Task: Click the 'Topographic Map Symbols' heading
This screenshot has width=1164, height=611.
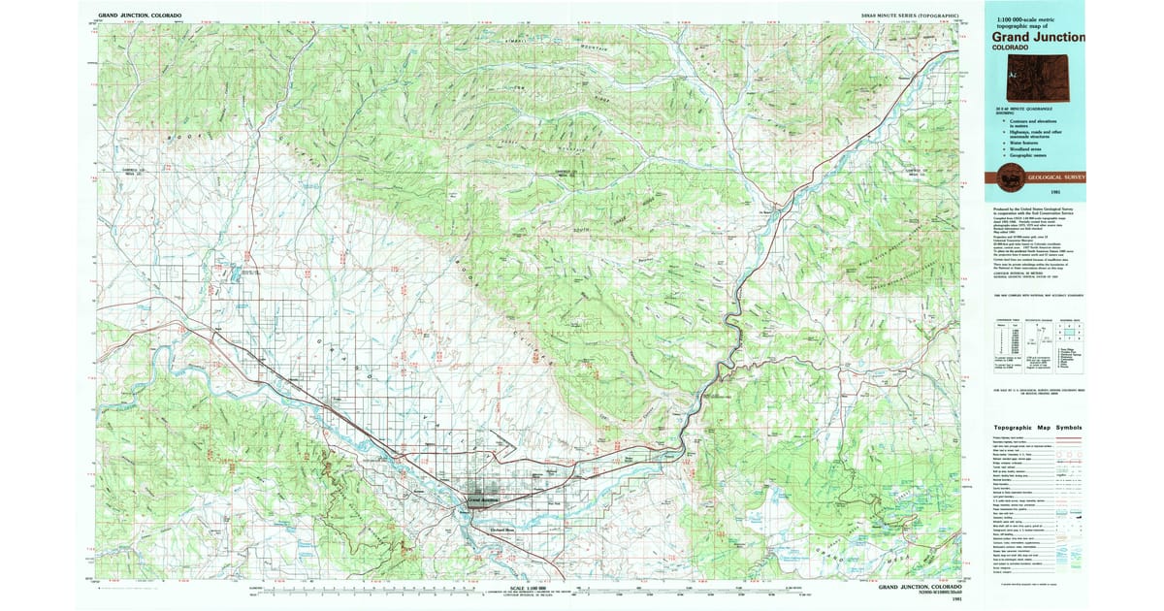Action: click(x=1036, y=428)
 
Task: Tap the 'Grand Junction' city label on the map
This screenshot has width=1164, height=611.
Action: click(x=488, y=500)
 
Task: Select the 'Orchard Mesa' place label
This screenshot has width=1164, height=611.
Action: click(x=501, y=530)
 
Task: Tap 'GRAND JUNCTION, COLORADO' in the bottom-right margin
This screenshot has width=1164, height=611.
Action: click(x=921, y=588)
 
